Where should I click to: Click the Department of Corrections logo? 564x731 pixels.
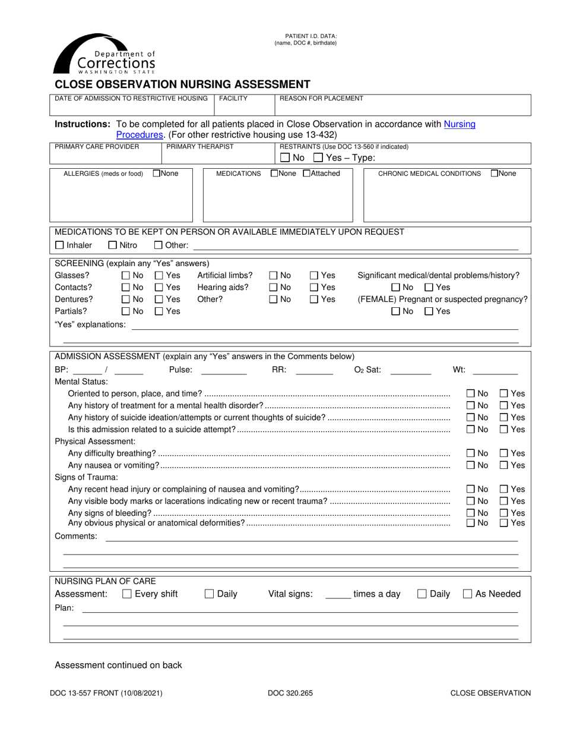tap(104, 55)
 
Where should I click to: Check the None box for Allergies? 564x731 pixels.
tap(157, 174)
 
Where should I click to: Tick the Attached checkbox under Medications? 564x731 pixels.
tap(306, 174)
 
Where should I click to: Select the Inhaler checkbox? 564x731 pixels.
tap(59, 245)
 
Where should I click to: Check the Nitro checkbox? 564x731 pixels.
tap(112, 245)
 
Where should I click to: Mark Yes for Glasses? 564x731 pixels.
tap(159, 275)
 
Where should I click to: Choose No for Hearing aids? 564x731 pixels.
tap(273, 287)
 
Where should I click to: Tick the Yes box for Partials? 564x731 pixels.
tap(159, 311)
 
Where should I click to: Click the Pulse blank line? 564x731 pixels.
tap(224, 371)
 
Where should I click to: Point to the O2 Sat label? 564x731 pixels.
tap(367, 370)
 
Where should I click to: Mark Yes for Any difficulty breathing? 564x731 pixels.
tap(503, 453)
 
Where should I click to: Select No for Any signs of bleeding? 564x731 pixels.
tap(470, 513)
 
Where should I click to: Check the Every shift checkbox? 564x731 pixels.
tap(126, 594)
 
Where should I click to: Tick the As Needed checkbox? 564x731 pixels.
tap(467, 594)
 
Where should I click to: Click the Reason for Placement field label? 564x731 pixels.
tap(321, 98)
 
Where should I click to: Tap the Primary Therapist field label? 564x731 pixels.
tap(200, 146)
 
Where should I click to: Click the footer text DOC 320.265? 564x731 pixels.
tap(290, 693)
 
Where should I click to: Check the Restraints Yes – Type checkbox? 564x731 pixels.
tap(318, 157)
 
